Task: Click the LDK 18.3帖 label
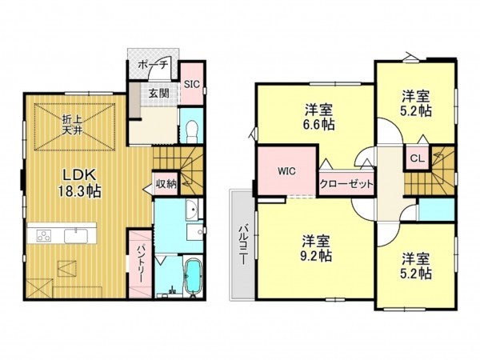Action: [x=80, y=183]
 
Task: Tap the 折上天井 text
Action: [x=72, y=124]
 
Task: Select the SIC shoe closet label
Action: [x=192, y=84]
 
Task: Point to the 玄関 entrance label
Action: [x=159, y=93]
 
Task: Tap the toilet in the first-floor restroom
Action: [x=192, y=131]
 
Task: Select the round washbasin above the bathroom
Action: [x=193, y=210]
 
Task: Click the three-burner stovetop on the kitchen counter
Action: [x=44, y=236]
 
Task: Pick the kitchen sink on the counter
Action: [x=76, y=236]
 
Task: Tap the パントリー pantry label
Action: [x=141, y=263]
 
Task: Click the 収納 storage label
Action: [x=166, y=184]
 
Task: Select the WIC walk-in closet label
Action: [x=286, y=171]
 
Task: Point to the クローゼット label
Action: [x=346, y=184]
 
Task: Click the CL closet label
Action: [x=418, y=158]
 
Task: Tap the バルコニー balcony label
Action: [x=243, y=245]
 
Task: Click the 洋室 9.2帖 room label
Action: [x=317, y=249]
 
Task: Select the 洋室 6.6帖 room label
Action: [x=318, y=118]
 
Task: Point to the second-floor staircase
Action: [x=430, y=170]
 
